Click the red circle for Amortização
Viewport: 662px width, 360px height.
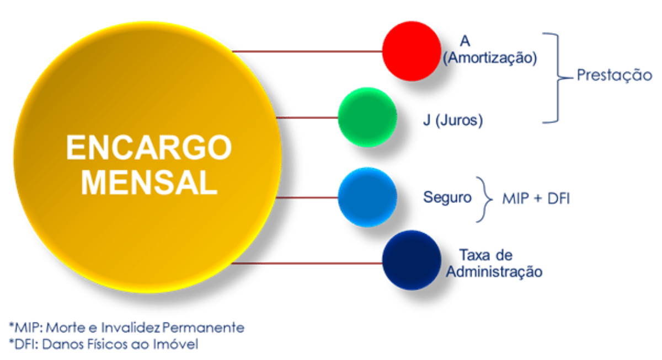coord(412,51)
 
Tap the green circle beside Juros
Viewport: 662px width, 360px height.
coord(367,117)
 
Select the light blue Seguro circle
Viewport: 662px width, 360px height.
coord(367,197)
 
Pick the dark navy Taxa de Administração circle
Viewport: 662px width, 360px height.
coord(412,260)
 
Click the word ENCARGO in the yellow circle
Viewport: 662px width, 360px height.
coord(149,147)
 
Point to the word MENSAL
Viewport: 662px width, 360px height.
coord(150,182)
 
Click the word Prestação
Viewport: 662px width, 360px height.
coord(615,75)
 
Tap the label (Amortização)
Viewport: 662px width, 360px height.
coord(490,57)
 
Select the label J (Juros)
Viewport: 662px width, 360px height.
coord(453,120)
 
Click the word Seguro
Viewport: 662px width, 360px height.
coord(447,197)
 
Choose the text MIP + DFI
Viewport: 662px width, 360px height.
coord(536,198)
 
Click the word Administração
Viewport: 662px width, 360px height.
coord(494,272)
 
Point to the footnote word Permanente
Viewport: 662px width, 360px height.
coord(204,327)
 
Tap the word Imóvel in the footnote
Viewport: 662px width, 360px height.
coord(175,345)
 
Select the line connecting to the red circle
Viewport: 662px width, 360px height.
coord(307,51)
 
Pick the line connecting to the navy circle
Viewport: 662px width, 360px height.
coord(307,263)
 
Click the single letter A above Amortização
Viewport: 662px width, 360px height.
coord(465,41)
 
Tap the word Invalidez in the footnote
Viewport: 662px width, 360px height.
coord(131,327)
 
